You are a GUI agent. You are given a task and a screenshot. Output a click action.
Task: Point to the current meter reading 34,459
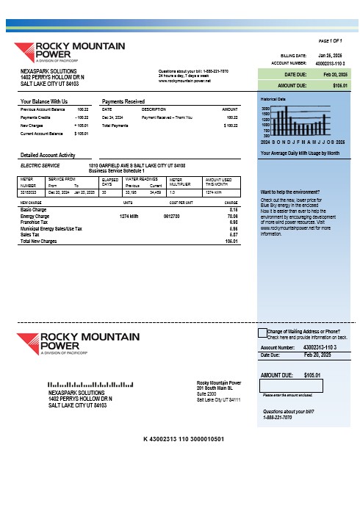click(x=156, y=192)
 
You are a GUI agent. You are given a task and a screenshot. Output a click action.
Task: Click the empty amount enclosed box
click(x=283, y=385)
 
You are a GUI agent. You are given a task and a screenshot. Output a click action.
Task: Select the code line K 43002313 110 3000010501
click(x=183, y=439)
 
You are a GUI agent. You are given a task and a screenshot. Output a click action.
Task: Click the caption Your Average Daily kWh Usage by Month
click(x=300, y=152)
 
